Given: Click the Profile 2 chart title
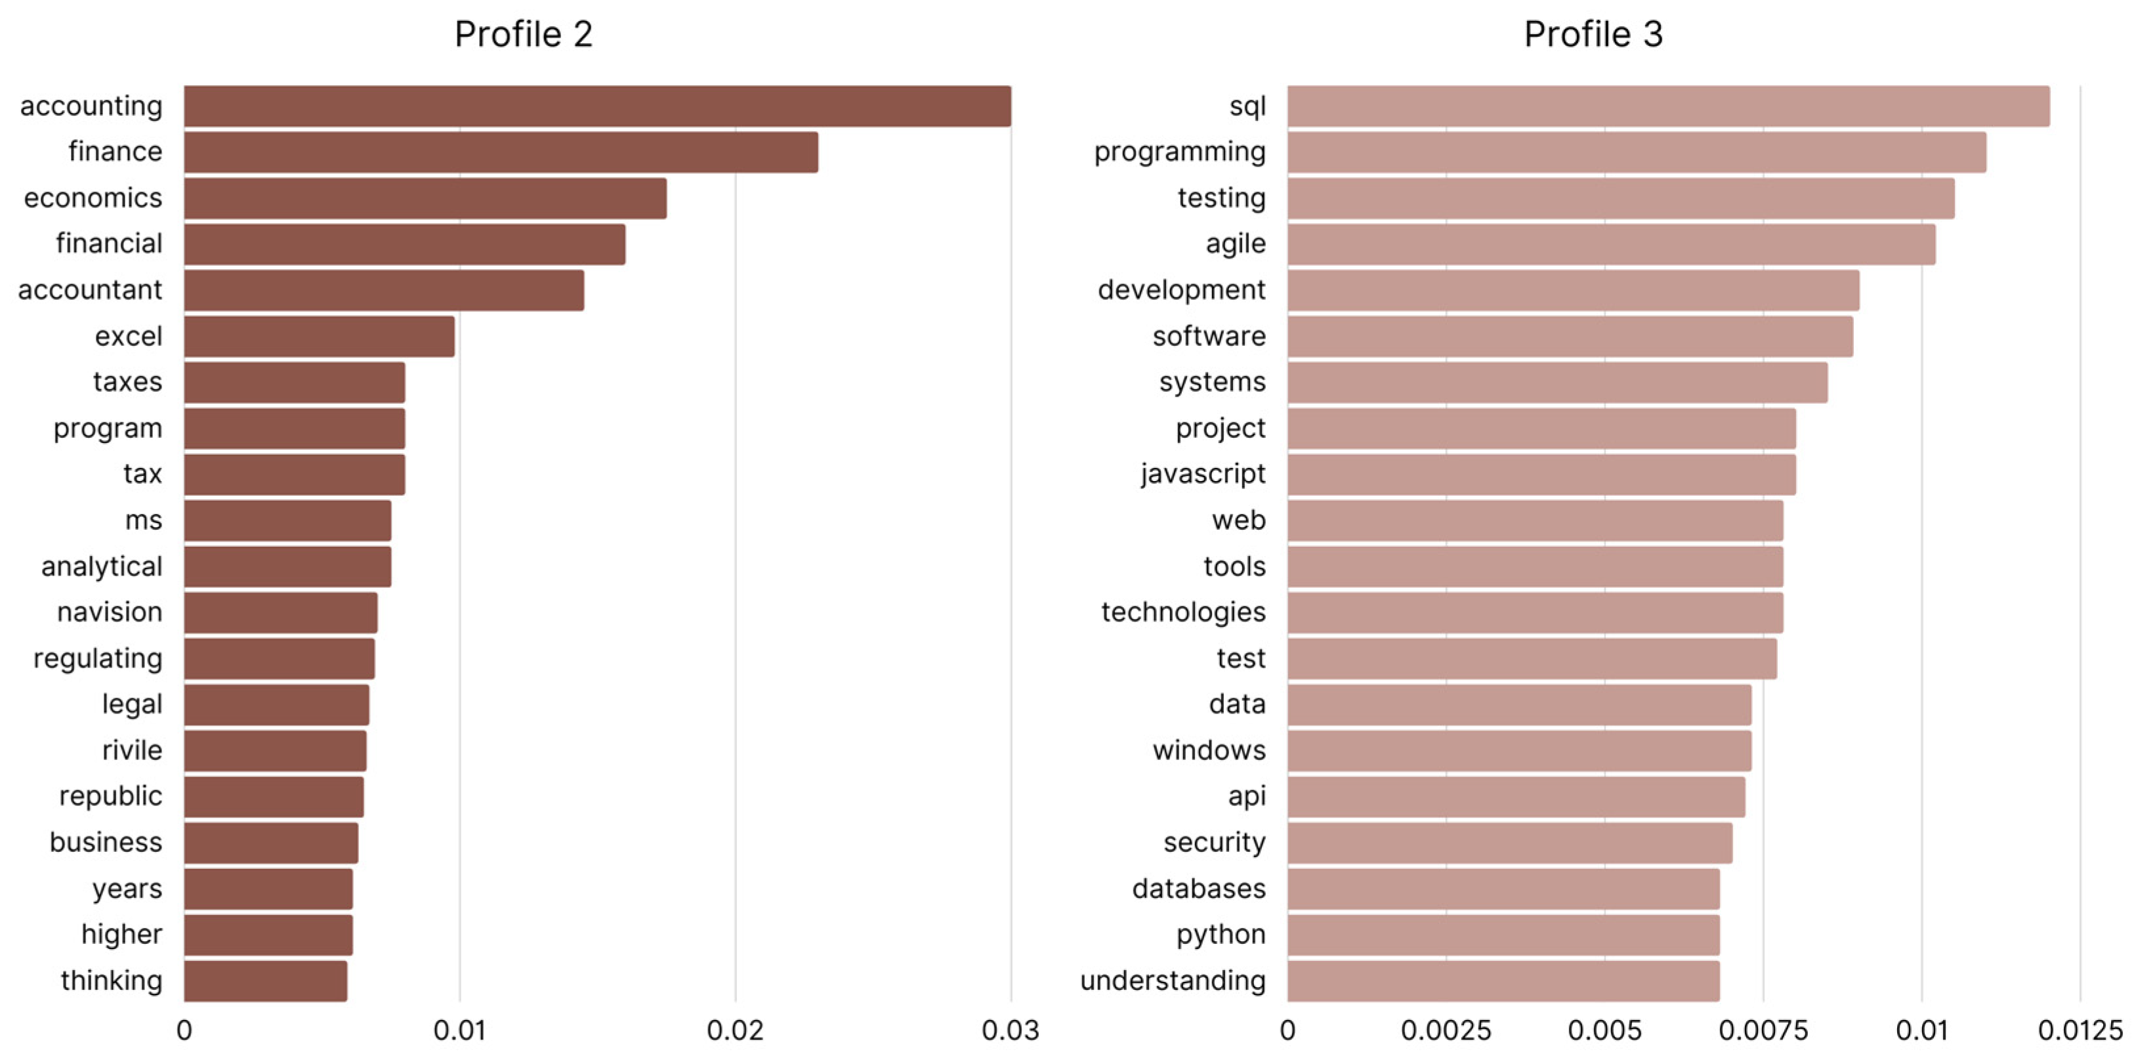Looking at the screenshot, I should (x=523, y=34).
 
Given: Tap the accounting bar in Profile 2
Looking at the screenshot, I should (x=596, y=106).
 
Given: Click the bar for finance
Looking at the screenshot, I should (x=501, y=152).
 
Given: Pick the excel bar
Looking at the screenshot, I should (x=319, y=337).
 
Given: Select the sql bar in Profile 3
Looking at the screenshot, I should (x=1667, y=106).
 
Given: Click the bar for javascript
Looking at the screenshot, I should (x=1541, y=475).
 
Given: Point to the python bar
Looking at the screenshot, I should (x=1503, y=935).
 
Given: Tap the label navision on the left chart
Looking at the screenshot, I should (x=110, y=612).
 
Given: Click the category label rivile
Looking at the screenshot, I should (x=132, y=750).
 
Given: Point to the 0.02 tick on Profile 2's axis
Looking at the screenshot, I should (x=735, y=1030).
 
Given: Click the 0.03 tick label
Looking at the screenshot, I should (x=1010, y=1030).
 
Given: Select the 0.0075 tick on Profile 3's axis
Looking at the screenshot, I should (x=1763, y=1030).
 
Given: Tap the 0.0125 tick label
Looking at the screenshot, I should (x=2080, y=1030).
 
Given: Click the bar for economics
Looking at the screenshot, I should (x=425, y=199).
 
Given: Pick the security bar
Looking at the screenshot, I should (x=1509, y=843).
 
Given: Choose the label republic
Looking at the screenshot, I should (x=110, y=796).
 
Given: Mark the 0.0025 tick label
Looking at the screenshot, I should (x=1446, y=1030).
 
